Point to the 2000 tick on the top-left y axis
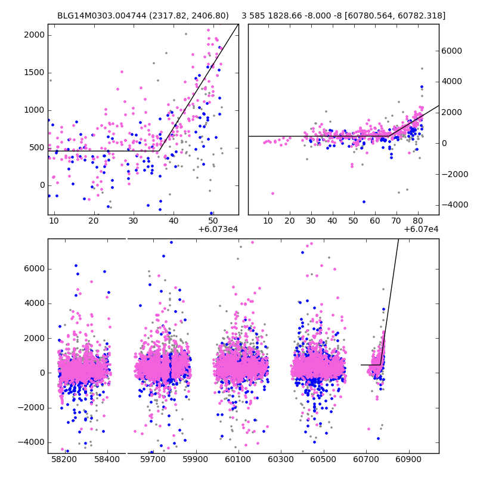[48, 35]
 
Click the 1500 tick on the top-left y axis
[48, 72]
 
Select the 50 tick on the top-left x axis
[213, 215]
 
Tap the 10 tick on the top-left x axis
[54, 215]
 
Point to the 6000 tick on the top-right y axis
[439, 51]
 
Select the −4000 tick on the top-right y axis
[439, 205]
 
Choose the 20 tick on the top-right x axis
[290, 215]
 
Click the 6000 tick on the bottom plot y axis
[48, 268]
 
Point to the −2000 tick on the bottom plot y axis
[48, 407]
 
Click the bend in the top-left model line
[159, 151]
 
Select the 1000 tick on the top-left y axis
[48, 110]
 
